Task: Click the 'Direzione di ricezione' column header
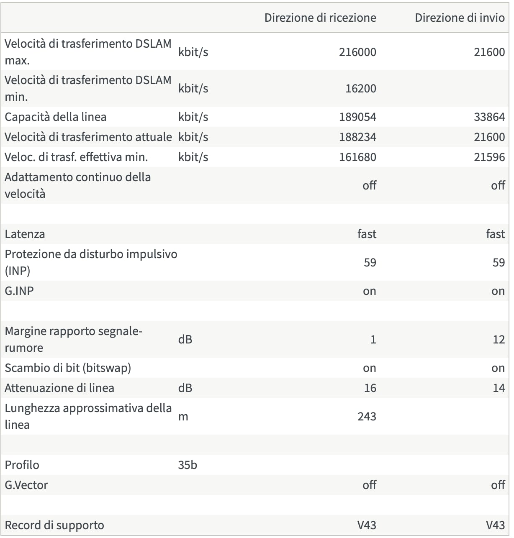coord(320,18)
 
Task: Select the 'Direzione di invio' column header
coord(460,18)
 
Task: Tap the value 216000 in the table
coord(357,52)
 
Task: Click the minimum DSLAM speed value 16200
coord(360,88)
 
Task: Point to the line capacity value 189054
coord(357,117)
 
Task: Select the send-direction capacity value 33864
coord(489,117)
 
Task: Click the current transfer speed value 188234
coord(357,137)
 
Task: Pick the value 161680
coord(357,157)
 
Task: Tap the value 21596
coord(489,157)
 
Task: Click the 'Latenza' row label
coord(25,234)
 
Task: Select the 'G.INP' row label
coord(19,291)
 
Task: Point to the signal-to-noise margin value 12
coord(499,339)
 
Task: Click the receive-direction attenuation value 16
coord(370,388)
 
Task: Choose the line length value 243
coord(367,416)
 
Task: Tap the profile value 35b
coord(188,465)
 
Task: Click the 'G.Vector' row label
coord(26,485)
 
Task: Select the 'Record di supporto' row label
coord(54,525)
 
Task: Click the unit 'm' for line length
coord(183,416)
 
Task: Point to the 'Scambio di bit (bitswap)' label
coord(68,368)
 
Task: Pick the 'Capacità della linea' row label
coord(55,117)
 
